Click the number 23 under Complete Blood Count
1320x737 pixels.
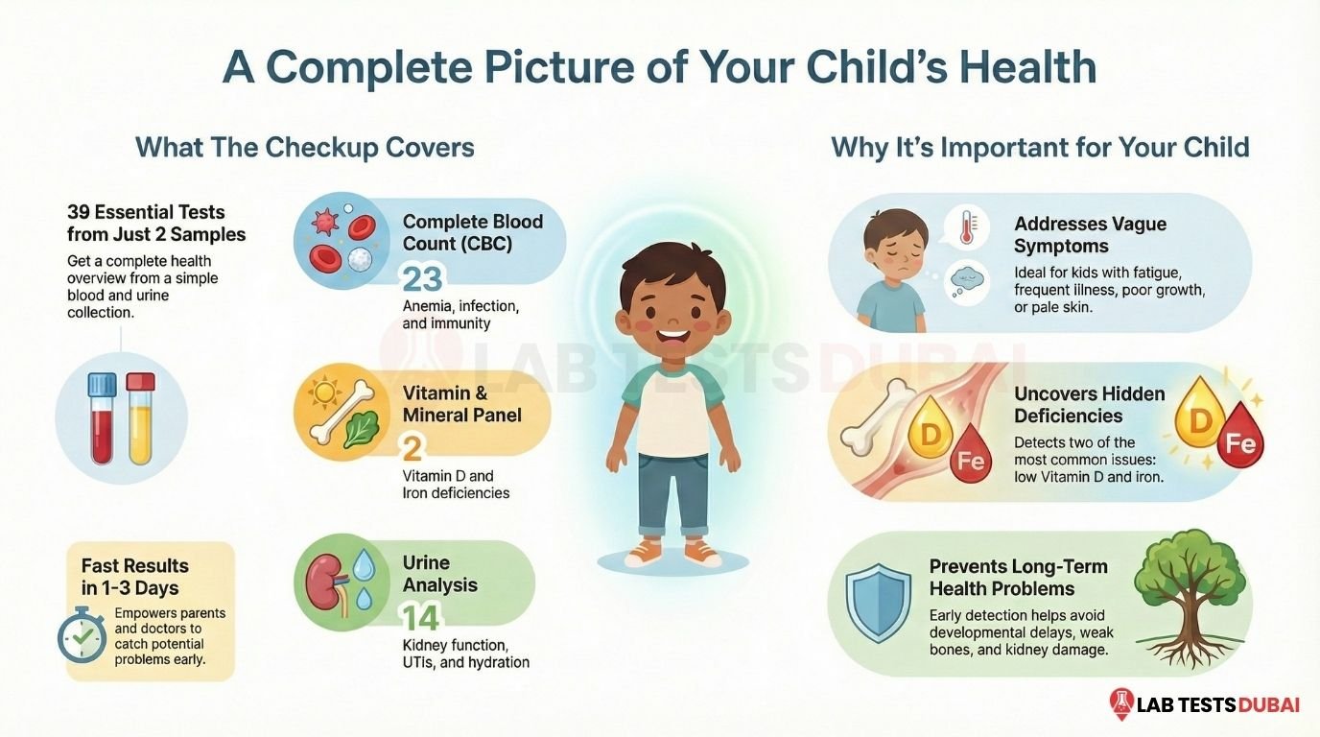click(x=422, y=279)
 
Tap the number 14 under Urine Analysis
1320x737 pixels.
click(x=421, y=617)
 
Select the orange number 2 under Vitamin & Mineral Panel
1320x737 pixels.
click(x=412, y=448)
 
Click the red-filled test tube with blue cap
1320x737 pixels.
click(x=102, y=417)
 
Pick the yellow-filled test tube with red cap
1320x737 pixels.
click(x=140, y=417)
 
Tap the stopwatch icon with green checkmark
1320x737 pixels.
click(x=82, y=633)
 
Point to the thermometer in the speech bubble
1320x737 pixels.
click(x=965, y=227)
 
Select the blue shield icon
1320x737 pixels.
click(x=878, y=602)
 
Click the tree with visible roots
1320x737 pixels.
click(x=1190, y=599)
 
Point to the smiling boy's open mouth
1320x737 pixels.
click(x=673, y=341)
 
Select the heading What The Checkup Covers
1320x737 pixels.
click(x=305, y=148)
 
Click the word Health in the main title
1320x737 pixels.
click(x=1027, y=67)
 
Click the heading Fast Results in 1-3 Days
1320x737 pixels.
click(x=135, y=577)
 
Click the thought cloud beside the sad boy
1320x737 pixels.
click(x=966, y=279)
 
